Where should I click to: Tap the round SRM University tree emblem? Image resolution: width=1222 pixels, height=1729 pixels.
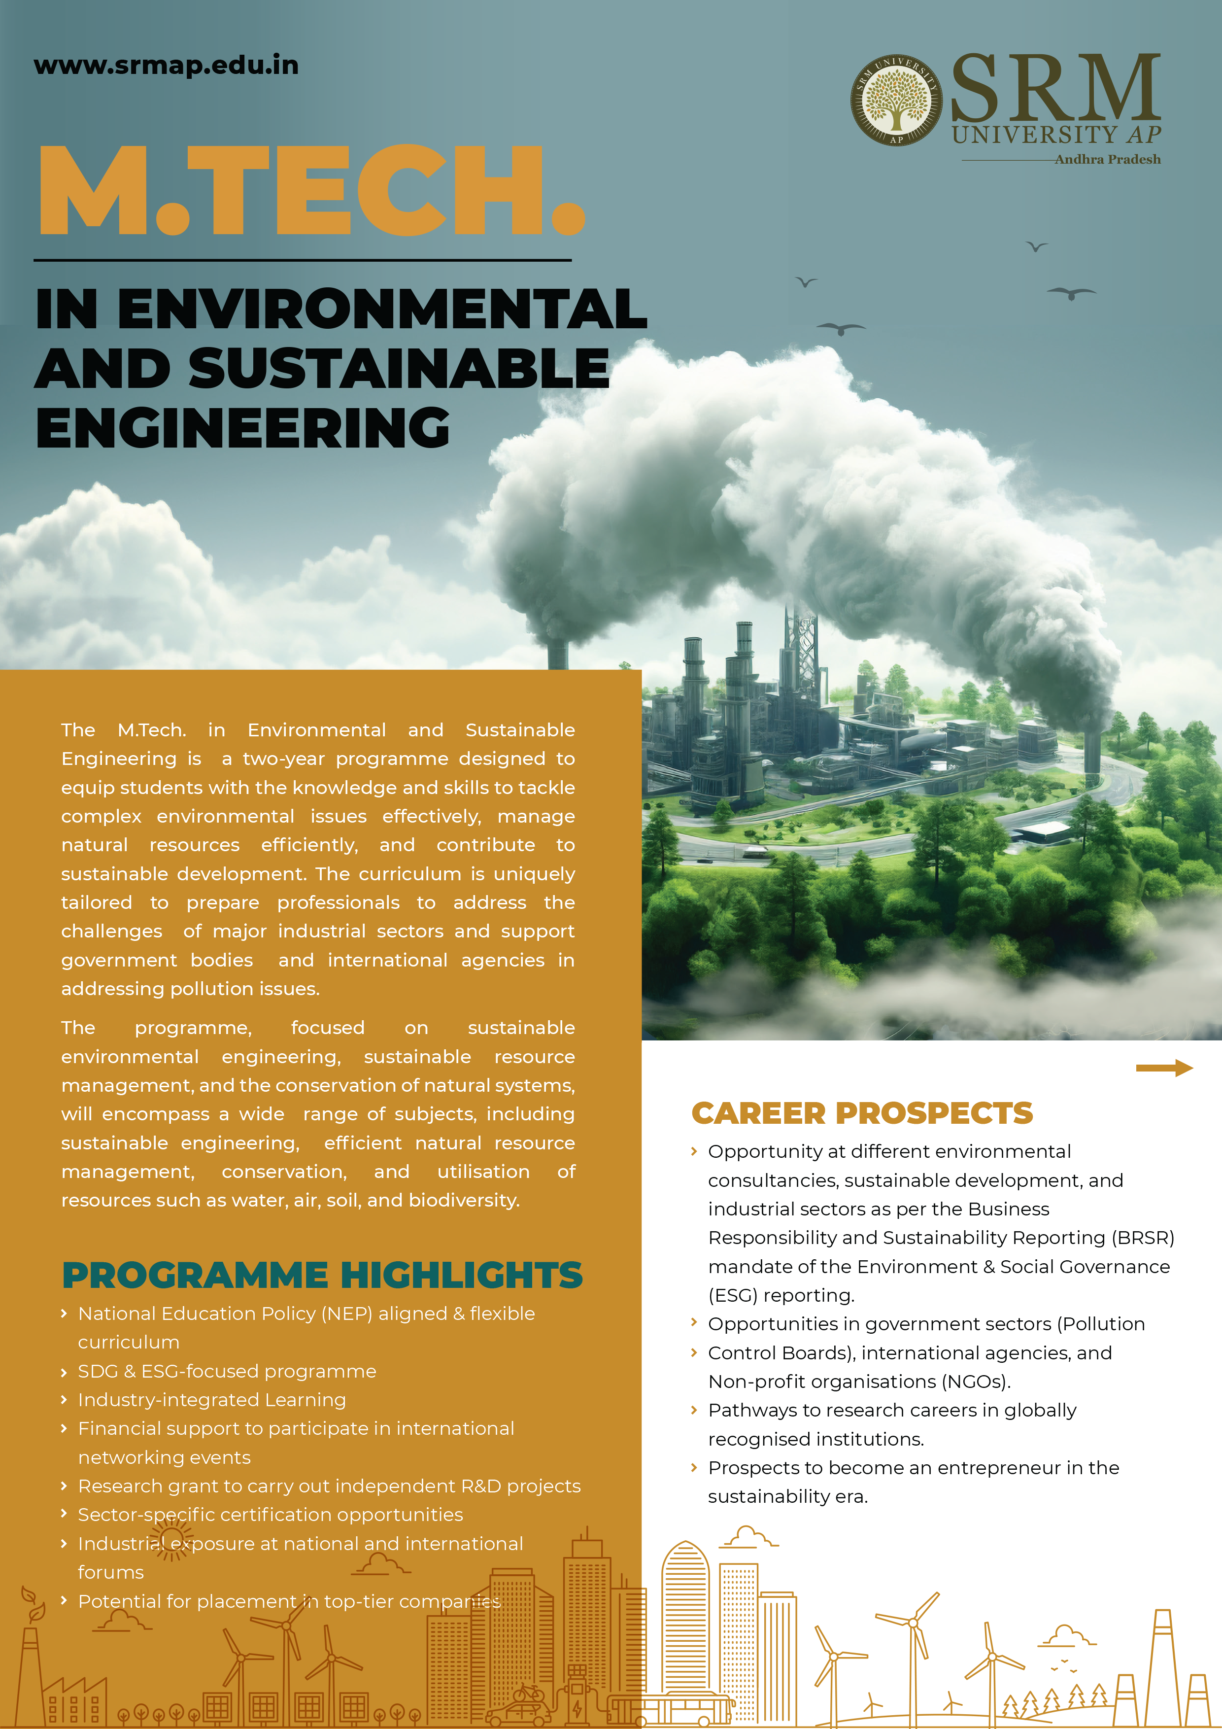[x=896, y=100]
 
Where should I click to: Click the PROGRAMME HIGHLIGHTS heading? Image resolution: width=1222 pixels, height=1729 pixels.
[x=322, y=1276]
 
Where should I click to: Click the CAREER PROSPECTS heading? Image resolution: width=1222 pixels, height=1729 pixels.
[x=862, y=1113]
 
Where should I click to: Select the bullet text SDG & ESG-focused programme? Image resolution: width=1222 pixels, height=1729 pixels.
[x=227, y=1371]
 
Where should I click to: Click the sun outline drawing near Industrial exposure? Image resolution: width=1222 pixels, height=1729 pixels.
[x=171, y=1538]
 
